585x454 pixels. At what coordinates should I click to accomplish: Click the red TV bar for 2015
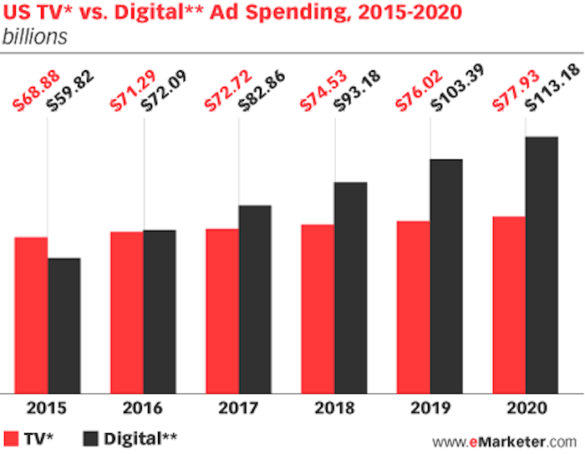[x=31, y=314]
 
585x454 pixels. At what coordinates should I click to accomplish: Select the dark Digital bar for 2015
[x=64, y=324]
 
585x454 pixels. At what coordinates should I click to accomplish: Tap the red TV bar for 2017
[x=222, y=310]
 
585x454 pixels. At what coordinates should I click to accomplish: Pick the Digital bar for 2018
[x=351, y=287]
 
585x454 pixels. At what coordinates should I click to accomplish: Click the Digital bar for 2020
[x=542, y=264]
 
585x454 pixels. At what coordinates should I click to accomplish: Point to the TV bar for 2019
[x=413, y=306]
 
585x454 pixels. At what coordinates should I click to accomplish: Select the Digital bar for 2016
[x=160, y=311]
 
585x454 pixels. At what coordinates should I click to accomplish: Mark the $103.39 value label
[x=450, y=85]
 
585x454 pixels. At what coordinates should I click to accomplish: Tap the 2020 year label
[x=525, y=409]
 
